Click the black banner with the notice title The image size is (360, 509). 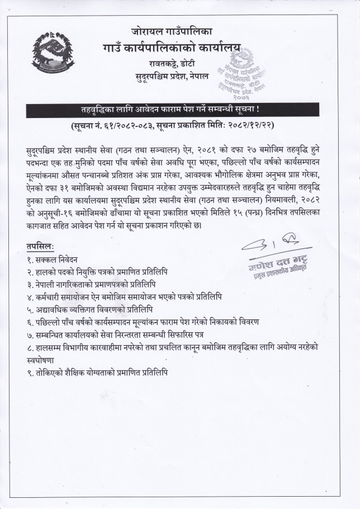tap(179, 110)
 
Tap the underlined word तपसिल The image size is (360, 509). tap(40, 246)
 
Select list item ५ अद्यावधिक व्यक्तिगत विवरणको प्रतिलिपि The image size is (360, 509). tap(97, 309)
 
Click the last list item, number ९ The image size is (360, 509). tap(97, 372)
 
